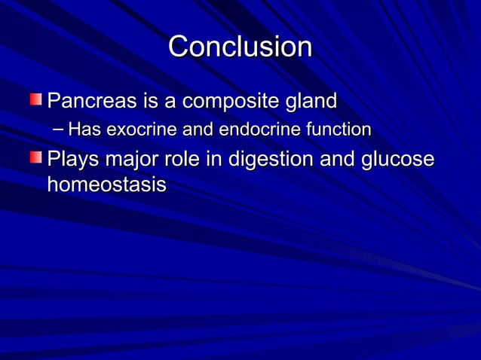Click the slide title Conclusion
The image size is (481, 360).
tap(240, 47)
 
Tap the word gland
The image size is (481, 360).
tap(308, 100)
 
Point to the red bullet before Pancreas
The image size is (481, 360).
tap(36, 99)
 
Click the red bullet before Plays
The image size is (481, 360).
tap(36, 158)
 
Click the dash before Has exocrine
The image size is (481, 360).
tap(59, 130)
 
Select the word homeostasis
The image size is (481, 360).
tap(106, 185)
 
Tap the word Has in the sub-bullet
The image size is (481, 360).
tap(84, 130)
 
